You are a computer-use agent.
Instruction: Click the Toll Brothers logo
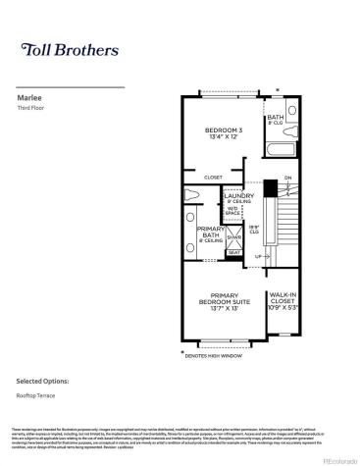69,49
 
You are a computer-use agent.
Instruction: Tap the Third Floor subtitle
32,108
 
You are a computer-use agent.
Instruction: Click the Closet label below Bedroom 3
213,178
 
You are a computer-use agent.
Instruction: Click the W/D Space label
233,211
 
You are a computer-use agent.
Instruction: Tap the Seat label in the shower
233,252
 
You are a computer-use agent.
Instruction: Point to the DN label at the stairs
287,178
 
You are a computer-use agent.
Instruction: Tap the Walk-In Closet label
283,297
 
